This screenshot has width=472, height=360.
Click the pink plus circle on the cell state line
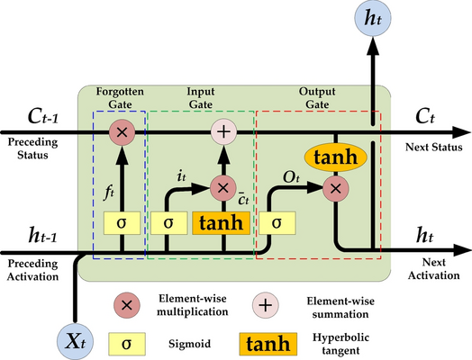pyautogui.click(x=223, y=132)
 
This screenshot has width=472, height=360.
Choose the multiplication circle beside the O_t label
pyautogui.click(x=335, y=188)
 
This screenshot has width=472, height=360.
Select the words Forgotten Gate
pyautogui.click(x=118, y=97)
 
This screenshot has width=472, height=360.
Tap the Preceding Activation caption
pyautogui.click(x=35, y=270)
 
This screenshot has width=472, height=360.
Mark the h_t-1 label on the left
pyautogui.click(x=33, y=235)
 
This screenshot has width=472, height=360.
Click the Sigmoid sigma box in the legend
pyautogui.click(x=128, y=343)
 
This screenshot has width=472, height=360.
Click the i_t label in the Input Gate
pyautogui.click(x=181, y=178)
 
